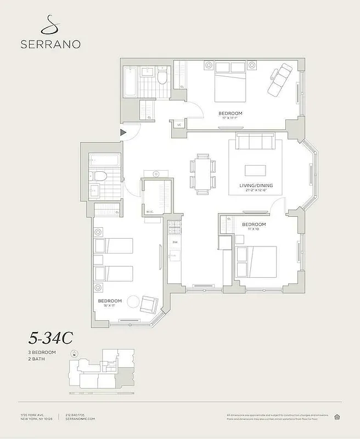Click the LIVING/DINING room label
(256, 185)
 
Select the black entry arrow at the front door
(123, 132)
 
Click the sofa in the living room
(255, 142)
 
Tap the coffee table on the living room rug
(255, 170)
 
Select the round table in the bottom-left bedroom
(134, 301)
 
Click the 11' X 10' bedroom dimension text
(254, 230)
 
